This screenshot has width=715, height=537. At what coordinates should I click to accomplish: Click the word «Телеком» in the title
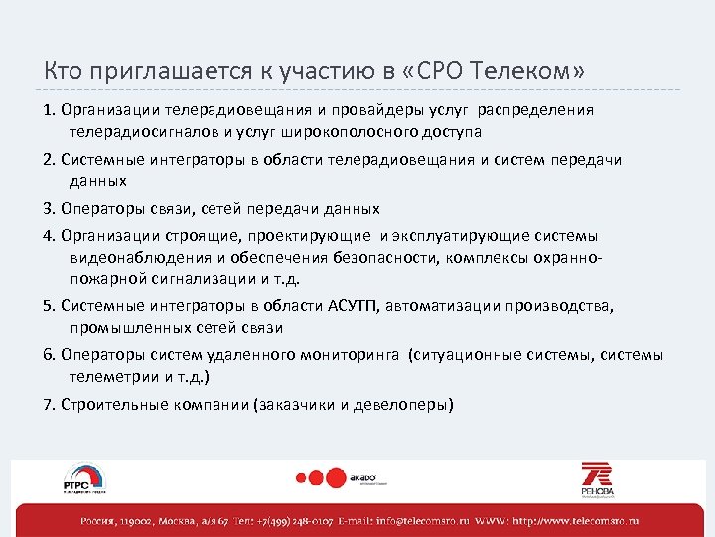527,71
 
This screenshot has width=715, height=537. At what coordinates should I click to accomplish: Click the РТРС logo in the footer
84,480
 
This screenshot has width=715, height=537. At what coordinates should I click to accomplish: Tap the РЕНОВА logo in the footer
598,479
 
